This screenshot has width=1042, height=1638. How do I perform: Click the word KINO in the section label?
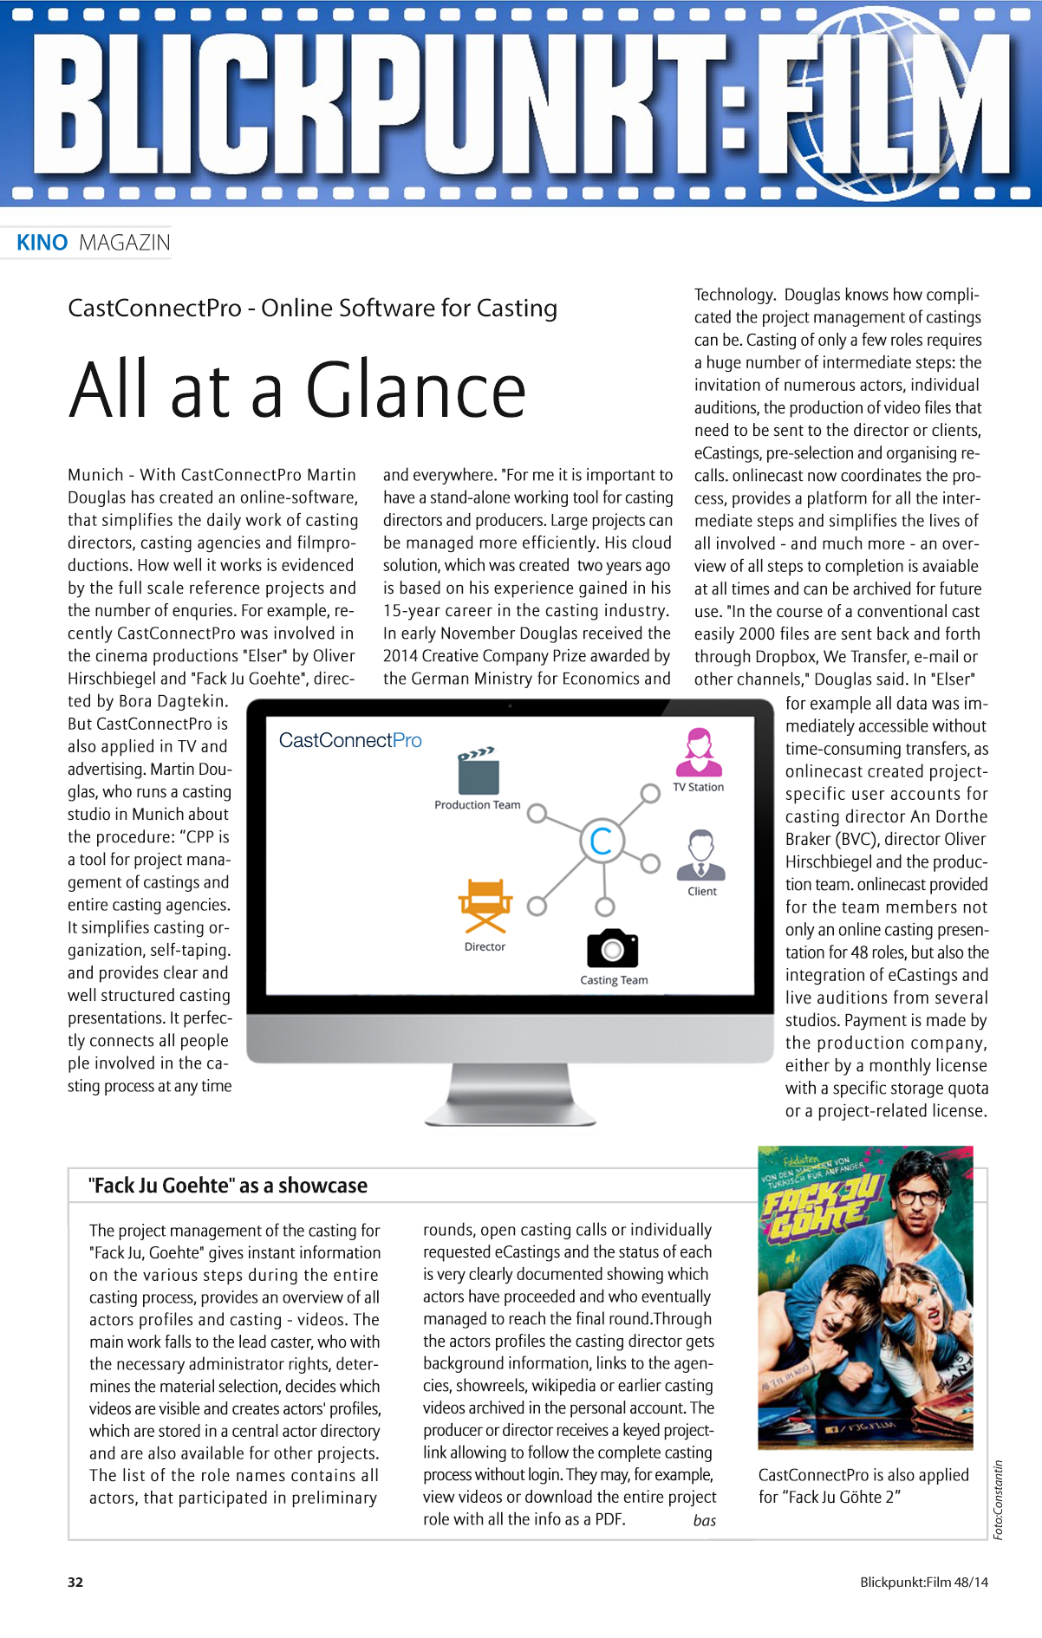click(x=42, y=243)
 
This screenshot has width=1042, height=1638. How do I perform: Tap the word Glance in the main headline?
click(x=415, y=391)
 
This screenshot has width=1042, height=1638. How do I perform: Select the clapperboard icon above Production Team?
click(x=478, y=770)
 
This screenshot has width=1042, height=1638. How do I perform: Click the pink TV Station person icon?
click(x=699, y=751)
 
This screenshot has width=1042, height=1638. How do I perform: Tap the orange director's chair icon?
click(x=485, y=907)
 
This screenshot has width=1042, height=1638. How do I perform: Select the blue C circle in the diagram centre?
click(x=602, y=841)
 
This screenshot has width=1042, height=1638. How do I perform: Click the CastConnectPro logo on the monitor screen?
click(x=350, y=740)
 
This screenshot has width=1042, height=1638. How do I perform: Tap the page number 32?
click(x=75, y=1582)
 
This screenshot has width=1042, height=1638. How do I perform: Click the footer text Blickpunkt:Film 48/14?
click(x=923, y=1582)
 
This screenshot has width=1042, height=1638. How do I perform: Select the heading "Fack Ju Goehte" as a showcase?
click(x=228, y=1186)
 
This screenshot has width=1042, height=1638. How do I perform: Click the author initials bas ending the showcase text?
click(x=704, y=1520)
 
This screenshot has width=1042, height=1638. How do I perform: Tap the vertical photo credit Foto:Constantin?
click(x=999, y=1499)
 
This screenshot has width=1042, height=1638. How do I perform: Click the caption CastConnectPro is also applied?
click(x=863, y=1475)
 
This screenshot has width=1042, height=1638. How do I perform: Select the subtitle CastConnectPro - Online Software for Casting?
click(x=312, y=309)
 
